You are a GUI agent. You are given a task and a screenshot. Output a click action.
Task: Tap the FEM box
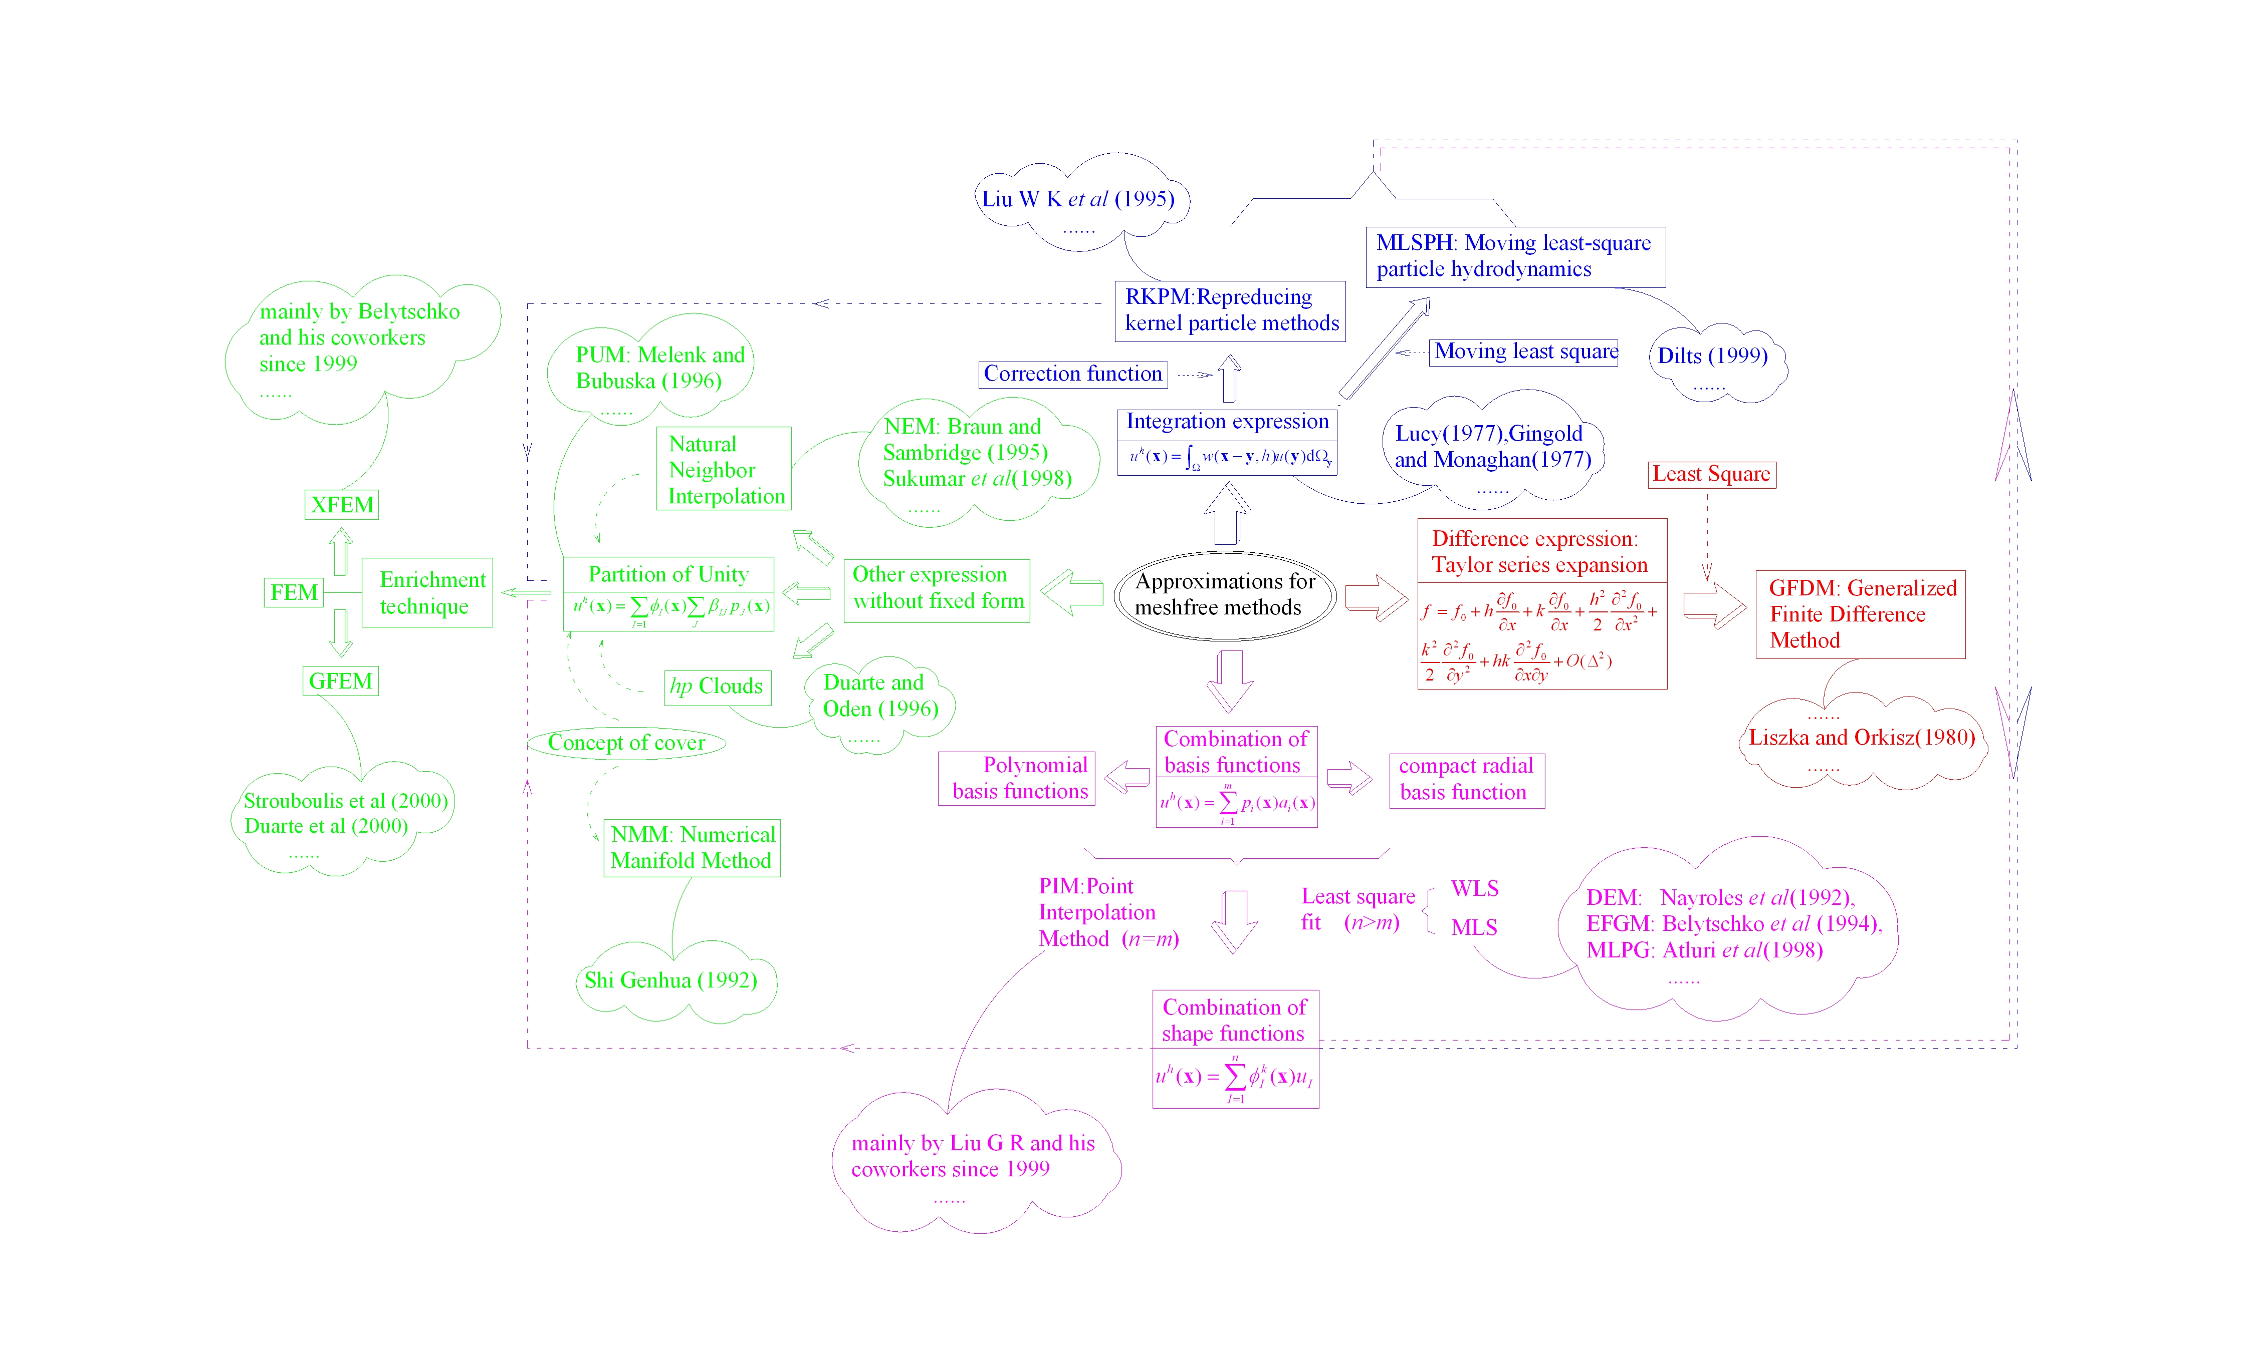(294, 592)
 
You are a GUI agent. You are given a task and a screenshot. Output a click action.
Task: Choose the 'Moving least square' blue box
(1524, 352)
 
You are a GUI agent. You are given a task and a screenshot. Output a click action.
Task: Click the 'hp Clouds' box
(717, 686)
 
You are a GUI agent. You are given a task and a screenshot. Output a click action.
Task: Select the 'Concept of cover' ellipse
(626, 743)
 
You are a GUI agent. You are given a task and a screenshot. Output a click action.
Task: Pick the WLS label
(1474, 888)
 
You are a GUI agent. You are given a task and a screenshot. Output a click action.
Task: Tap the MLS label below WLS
(1474, 927)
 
